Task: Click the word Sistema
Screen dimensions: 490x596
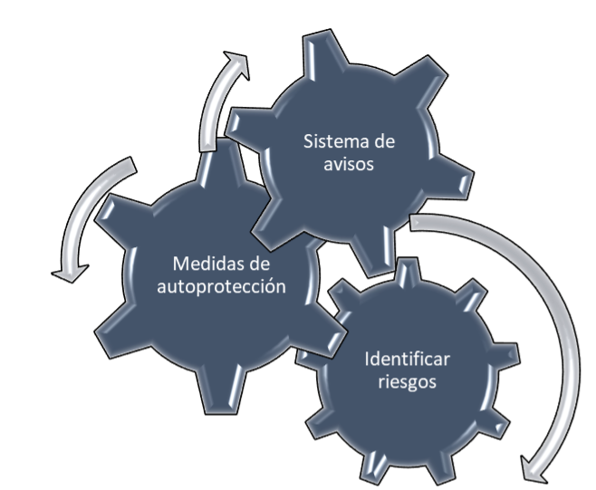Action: [330, 142]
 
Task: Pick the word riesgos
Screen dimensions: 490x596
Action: [408, 381]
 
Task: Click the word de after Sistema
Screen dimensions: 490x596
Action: [383, 142]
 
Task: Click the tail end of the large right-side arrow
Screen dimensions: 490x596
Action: [414, 221]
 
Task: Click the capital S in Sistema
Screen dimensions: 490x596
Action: [307, 142]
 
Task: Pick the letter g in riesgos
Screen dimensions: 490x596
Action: [414, 383]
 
